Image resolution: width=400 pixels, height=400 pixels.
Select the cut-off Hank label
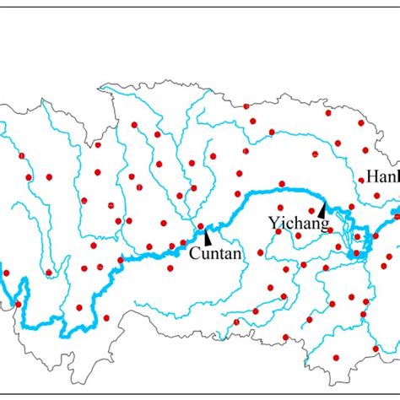coord(381,176)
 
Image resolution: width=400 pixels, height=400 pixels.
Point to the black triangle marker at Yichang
coord(322,208)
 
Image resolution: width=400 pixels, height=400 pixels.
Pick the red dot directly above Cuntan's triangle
coord(200,226)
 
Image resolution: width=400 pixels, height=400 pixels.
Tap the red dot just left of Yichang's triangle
coord(311,211)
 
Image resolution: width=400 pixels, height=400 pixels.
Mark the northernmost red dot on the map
coord(246,106)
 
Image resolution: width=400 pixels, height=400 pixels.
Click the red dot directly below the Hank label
coord(376,196)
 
